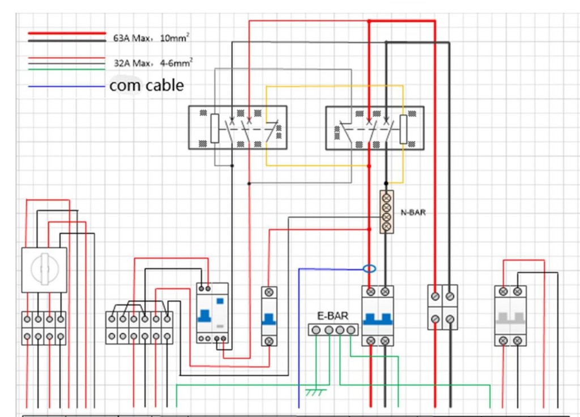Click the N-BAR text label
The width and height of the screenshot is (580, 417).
click(413, 213)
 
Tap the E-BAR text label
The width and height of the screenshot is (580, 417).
click(333, 316)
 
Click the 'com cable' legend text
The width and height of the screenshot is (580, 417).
click(147, 85)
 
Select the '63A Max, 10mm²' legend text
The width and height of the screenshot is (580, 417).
click(151, 38)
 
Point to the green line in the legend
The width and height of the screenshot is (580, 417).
click(67, 69)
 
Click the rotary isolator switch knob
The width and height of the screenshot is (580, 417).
click(44, 269)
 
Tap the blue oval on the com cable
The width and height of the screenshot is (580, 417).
click(369, 268)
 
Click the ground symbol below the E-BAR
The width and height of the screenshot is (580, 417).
click(313, 392)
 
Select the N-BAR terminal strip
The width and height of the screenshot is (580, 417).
click(387, 212)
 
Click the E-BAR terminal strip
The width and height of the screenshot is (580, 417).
click(333, 329)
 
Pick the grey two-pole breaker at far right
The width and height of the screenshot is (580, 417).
click(510, 315)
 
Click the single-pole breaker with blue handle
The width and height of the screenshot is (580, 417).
click(269, 316)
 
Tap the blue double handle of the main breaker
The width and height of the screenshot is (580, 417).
click(378, 318)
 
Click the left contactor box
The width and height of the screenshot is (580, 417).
click(237, 127)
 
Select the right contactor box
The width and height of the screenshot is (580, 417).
click(374, 127)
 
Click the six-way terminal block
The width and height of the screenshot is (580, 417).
click(139, 328)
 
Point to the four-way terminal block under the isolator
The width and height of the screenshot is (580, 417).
click(44, 328)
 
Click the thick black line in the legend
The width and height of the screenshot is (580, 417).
click(67, 41)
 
